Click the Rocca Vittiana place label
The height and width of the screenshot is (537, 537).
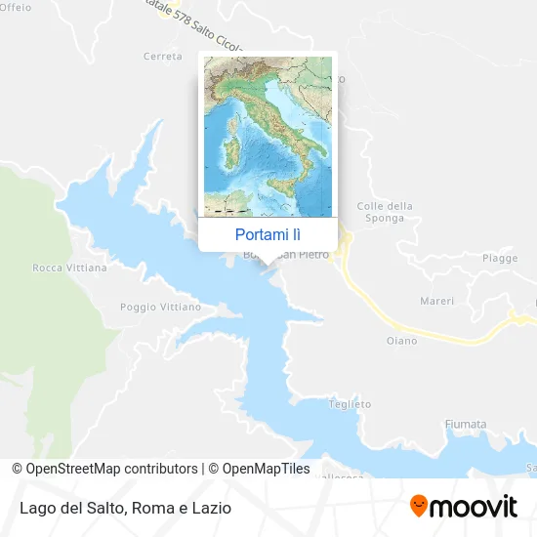(x=69, y=267)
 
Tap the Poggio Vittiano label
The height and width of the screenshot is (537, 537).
(x=160, y=307)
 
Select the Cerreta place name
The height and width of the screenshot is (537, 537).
(x=163, y=57)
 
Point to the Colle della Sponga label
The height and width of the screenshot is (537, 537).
(x=385, y=212)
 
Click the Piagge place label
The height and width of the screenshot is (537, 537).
(x=499, y=258)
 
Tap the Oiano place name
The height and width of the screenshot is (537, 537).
(x=400, y=341)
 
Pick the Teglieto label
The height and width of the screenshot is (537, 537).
(x=351, y=403)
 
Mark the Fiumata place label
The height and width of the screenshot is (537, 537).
(x=465, y=424)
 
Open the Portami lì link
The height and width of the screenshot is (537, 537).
(x=268, y=234)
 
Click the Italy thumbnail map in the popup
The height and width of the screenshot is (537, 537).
(x=268, y=136)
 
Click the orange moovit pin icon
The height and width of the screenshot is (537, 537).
(x=419, y=507)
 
